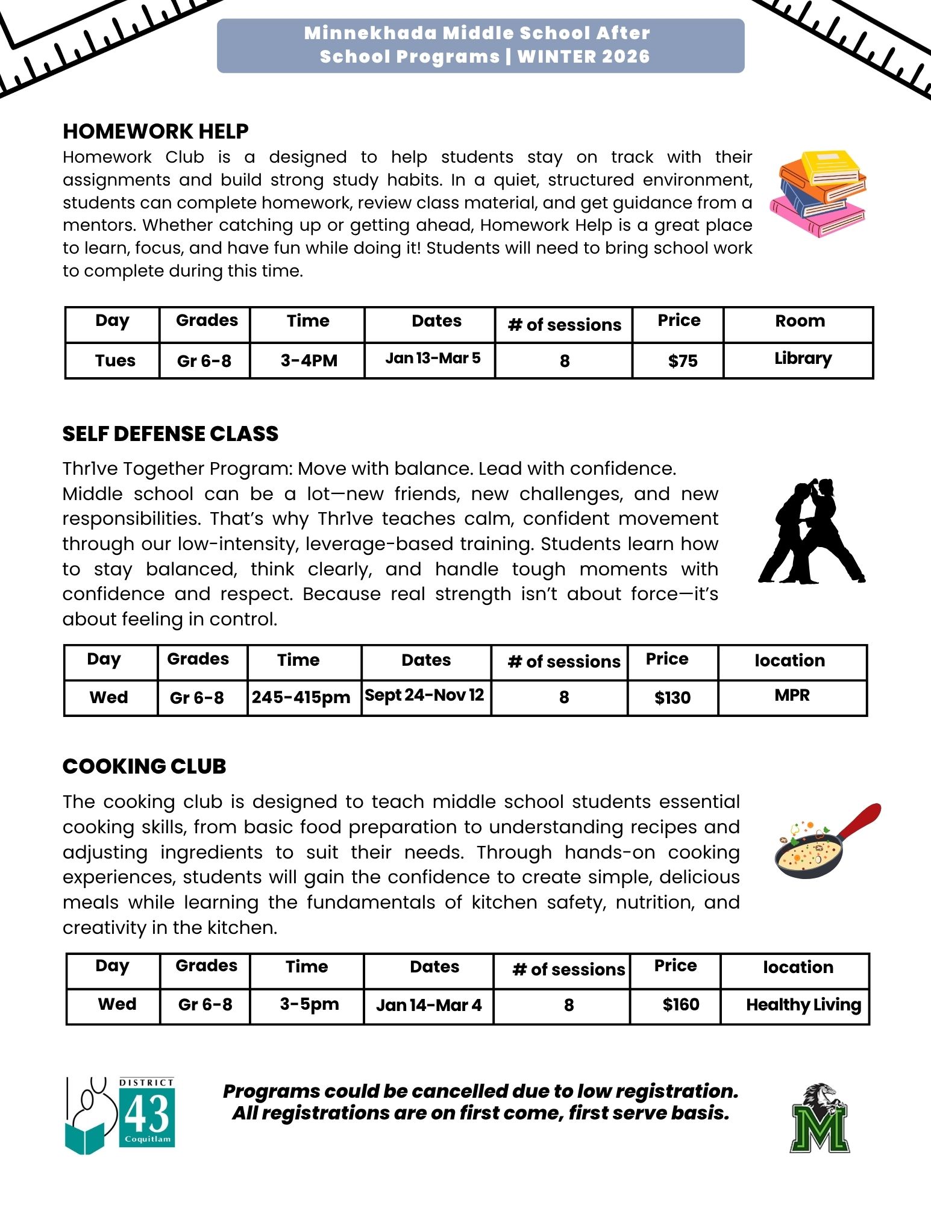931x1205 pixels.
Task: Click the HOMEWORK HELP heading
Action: point(155,131)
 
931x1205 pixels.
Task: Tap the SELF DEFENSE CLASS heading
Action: point(171,434)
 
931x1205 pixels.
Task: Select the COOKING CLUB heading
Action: point(145,766)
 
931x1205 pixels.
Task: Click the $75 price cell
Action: point(683,361)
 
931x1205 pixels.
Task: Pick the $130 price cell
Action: point(672,698)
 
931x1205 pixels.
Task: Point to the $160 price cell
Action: point(681,1004)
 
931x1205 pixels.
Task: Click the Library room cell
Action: point(803,358)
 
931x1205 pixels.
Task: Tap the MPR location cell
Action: point(792,695)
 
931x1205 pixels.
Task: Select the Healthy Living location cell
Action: point(803,1004)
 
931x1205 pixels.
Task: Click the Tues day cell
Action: point(115,361)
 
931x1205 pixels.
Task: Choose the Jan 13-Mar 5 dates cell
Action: point(433,358)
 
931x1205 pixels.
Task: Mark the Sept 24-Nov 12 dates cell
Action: point(424,695)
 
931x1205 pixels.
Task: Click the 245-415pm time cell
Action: point(301,698)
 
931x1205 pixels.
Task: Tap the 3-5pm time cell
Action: point(309,1004)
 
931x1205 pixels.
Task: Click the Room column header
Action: point(800,321)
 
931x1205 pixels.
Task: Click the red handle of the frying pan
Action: point(860,818)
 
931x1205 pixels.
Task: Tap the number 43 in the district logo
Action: point(147,1113)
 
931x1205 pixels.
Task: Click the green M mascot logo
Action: point(820,1119)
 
